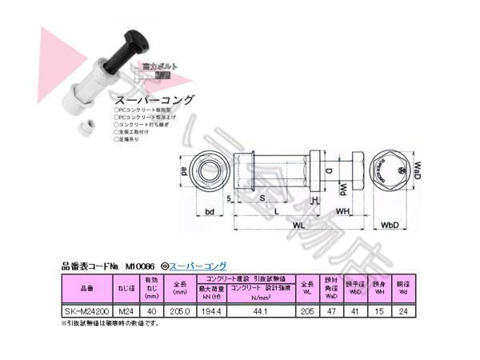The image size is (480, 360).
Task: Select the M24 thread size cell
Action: (125, 313)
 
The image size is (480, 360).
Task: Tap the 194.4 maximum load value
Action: (211, 313)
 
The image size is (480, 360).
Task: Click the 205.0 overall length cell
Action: (179, 313)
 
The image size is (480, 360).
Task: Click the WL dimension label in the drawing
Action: (296, 226)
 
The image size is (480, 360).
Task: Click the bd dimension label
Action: (209, 212)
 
